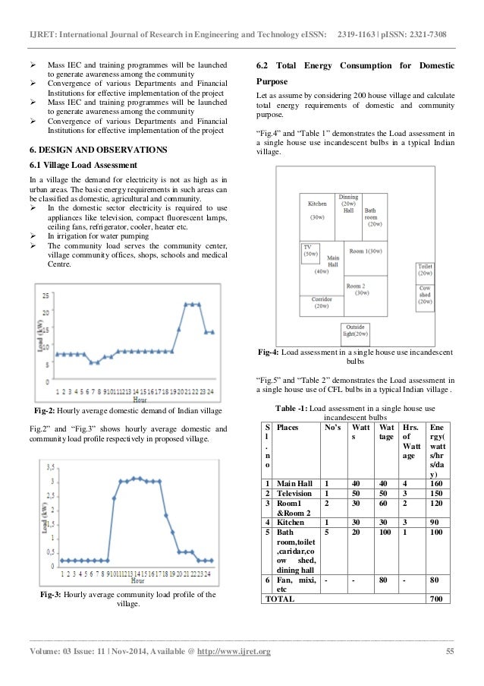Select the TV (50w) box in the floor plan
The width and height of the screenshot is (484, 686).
(311, 251)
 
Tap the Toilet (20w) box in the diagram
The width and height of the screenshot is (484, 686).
(426, 270)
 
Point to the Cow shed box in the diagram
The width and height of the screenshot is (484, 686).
(426, 296)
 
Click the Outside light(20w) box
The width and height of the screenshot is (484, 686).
(355, 331)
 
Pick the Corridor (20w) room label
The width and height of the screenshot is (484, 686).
(322, 303)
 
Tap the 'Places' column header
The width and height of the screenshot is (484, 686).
(289, 428)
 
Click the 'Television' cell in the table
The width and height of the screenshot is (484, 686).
(298, 492)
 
